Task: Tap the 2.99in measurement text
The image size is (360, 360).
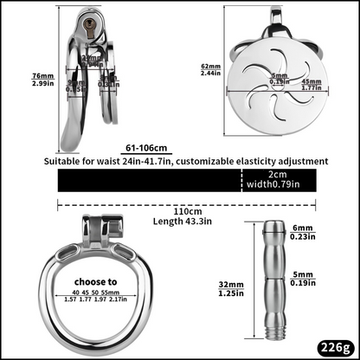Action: [17, 83]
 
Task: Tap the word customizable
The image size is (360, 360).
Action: [235, 161]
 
